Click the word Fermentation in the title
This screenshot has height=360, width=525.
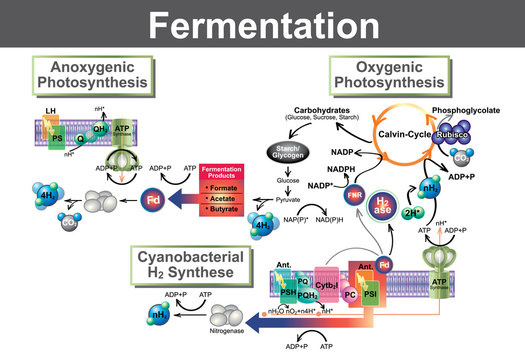coord(262,23)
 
